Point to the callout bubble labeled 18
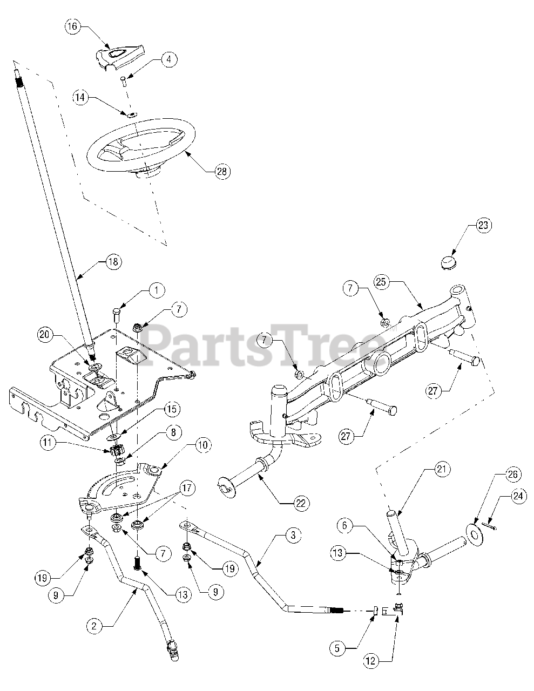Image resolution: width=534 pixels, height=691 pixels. [x=113, y=262]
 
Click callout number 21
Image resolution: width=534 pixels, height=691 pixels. [x=443, y=469]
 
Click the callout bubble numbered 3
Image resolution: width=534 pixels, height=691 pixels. [x=292, y=536]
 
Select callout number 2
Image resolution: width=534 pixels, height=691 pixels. [x=94, y=626]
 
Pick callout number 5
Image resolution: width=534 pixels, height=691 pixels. [x=337, y=648]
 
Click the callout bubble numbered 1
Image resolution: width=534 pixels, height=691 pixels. [x=157, y=291]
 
